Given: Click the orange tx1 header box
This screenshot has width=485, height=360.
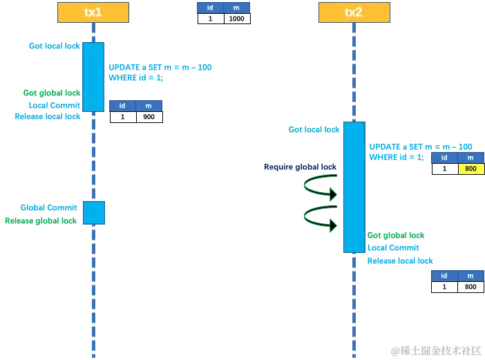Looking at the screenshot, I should (x=93, y=12).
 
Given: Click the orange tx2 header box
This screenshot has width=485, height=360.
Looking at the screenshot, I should (x=354, y=12).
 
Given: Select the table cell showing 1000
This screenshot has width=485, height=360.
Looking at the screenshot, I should (x=237, y=19).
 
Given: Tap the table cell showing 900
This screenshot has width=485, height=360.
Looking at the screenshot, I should (x=149, y=117).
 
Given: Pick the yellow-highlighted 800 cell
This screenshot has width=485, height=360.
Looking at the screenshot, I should (x=471, y=169).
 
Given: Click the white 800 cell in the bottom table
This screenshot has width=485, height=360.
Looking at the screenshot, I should (x=471, y=287).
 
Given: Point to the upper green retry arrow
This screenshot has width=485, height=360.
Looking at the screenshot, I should (x=320, y=186).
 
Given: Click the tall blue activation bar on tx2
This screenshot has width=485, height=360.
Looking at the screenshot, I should (x=354, y=187).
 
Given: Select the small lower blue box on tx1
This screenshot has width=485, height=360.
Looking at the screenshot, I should (x=94, y=213).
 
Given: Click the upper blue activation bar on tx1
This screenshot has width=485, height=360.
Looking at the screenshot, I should (x=94, y=76).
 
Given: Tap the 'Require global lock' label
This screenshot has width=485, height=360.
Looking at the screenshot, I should (x=298, y=167).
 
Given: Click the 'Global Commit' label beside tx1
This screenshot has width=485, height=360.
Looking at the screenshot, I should (x=48, y=207).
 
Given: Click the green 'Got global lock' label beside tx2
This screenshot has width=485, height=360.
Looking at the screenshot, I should (x=395, y=235).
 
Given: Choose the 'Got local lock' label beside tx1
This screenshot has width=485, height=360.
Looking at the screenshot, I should (x=54, y=46).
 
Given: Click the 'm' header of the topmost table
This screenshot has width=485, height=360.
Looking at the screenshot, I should (x=237, y=8).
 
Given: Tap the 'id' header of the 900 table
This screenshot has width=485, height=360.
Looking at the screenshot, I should (x=122, y=106).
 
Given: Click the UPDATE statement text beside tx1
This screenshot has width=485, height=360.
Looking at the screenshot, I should (x=160, y=67).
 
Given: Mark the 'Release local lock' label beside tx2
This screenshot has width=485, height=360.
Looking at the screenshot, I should (x=400, y=260).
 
